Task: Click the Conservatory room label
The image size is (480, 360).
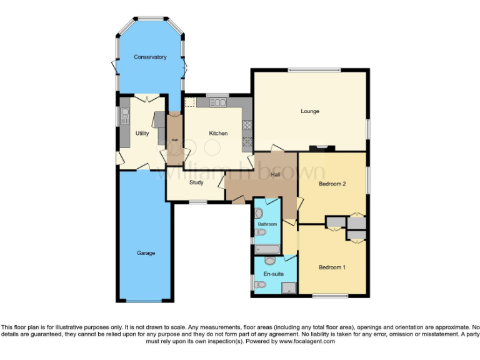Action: [x=150, y=57]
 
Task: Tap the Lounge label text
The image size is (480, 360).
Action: [x=310, y=111]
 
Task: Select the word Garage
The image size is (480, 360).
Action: [x=146, y=253]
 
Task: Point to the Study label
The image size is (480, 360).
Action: [x=196, y=182]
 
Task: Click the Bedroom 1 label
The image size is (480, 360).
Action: [x=332, y=267]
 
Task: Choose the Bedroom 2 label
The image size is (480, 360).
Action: [x=332, y=184]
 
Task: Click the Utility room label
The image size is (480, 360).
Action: [x=142, y=133]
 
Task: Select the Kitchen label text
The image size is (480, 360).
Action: [x=218, y=133]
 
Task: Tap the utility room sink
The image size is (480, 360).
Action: [x=124, y=115]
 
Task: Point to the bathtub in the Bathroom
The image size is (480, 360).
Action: [x=270, y=249]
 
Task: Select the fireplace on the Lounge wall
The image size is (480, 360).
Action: [x=322, y=148]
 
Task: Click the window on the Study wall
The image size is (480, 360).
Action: [x=199, y=201]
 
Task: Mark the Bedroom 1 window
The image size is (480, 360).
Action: [x=331, y=294]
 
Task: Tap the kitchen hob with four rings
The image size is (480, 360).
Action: [x=247, y=124]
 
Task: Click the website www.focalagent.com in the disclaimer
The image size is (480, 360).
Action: [x=307, y=341]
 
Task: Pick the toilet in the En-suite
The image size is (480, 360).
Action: [x=261, y=285]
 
